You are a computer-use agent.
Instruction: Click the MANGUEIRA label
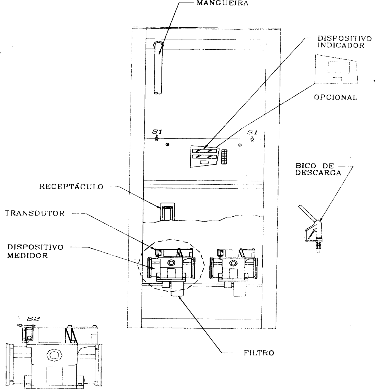222,3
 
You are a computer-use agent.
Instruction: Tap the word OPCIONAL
336,97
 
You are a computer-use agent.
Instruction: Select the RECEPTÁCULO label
71,186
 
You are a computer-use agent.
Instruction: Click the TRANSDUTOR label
35,213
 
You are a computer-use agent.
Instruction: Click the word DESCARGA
318,173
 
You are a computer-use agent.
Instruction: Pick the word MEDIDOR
28,256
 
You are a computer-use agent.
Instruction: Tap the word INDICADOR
341,45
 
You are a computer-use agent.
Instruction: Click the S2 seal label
33,319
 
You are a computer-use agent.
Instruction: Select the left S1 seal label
157,132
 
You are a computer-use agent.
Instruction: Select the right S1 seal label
252,132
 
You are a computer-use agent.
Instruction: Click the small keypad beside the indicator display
224,157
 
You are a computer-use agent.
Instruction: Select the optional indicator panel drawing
336,69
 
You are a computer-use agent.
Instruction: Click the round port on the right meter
233,263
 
